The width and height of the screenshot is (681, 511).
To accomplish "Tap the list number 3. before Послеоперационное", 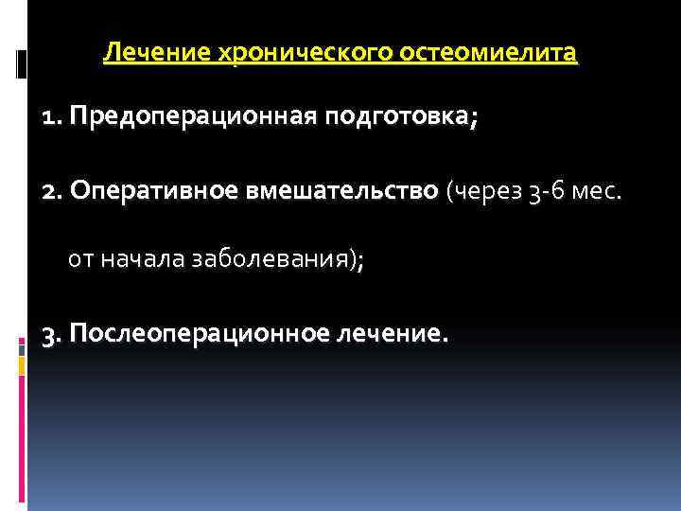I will pos(53,334).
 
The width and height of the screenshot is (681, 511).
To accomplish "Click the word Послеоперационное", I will pos(198,334).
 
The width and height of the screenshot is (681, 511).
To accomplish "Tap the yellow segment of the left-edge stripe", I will pos(21,362).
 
